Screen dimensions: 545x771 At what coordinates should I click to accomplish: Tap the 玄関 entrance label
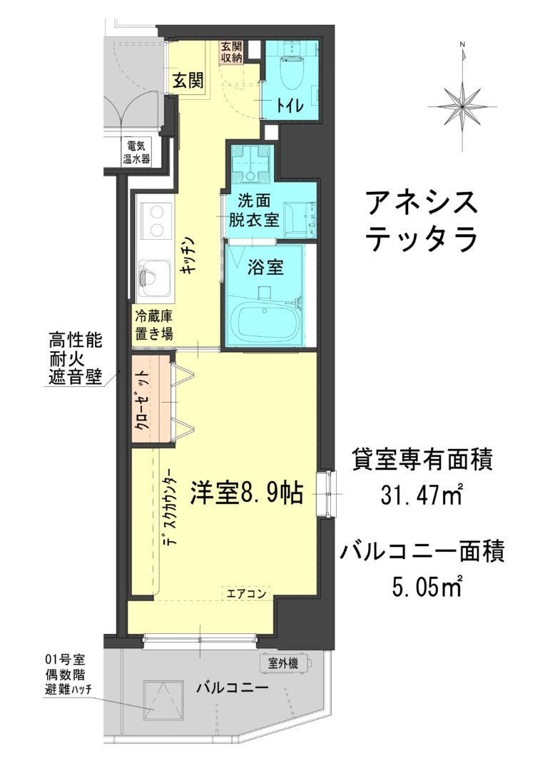pos(188,80)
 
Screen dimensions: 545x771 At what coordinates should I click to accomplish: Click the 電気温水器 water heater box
pos(137,153)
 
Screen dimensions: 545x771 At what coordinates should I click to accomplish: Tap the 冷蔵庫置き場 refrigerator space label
pos(154,325)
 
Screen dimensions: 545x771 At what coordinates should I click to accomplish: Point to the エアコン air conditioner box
pos(246,593)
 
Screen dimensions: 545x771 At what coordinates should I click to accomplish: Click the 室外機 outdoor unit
pos(285,663)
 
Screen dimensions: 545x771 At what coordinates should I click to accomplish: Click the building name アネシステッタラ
pos(422,221)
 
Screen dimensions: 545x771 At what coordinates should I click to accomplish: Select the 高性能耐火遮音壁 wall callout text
pos(75,358)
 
